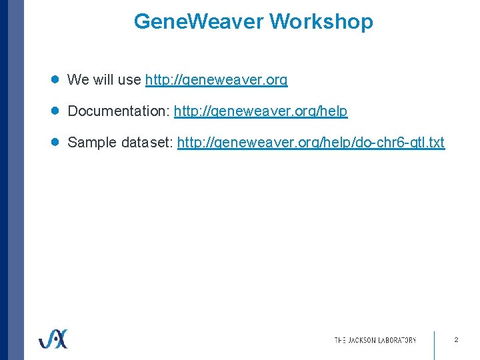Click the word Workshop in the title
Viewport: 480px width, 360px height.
[321, 22]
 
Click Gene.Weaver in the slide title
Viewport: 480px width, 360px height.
[199, 22]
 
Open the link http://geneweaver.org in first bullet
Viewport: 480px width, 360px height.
[216, 80]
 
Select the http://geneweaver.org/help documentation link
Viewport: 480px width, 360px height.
[261, 111]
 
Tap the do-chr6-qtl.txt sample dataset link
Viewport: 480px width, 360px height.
[311, 143]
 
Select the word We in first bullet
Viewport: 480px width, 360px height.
[79, 80]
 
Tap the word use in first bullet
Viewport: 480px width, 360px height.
[130, 80]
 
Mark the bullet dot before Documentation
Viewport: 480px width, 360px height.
[56, 111]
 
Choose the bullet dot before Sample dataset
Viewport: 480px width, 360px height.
[56, 142]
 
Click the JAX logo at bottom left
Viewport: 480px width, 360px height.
[53, 339]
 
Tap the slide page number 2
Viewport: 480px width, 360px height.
[456, 340]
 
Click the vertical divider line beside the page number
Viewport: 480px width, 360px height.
[434, 344]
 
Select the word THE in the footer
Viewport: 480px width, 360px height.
[340, 340]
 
